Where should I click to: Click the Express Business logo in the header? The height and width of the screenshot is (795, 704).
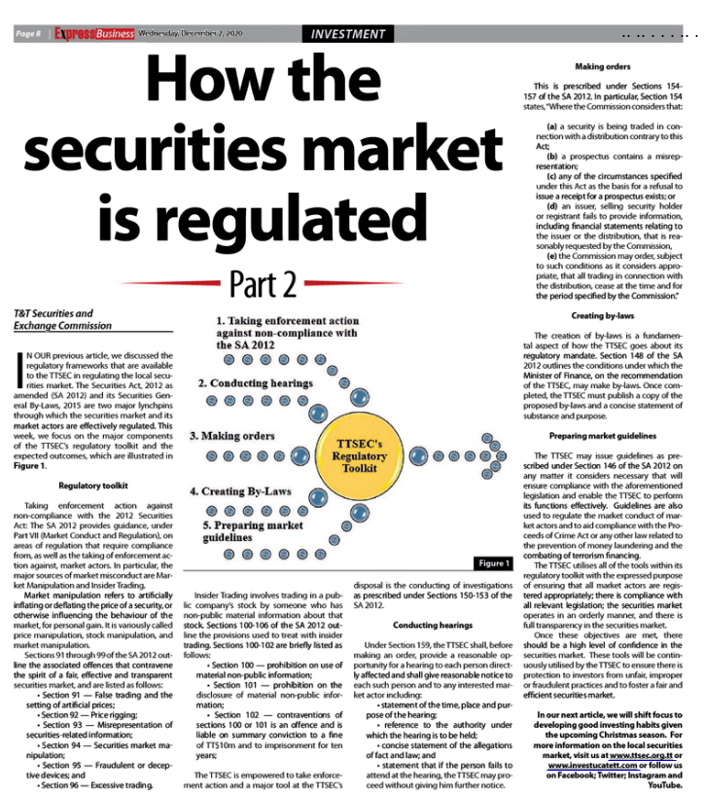click(94, 34)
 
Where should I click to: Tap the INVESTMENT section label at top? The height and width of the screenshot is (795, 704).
click(349, 34)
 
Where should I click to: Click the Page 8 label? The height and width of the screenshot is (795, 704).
click(28, 34)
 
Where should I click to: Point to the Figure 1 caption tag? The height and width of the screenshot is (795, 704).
click(493, 563)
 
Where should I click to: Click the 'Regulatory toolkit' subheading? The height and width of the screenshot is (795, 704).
click(88, 485)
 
